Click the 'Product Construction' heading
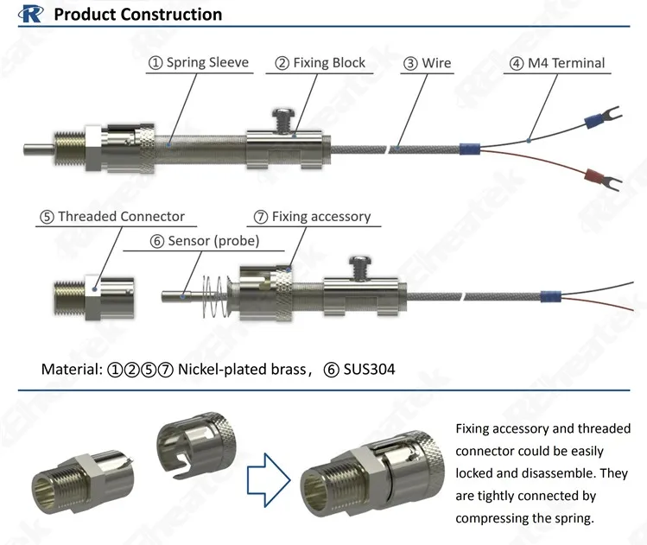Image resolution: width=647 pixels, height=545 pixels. pyautogui.click(x=137, y=15)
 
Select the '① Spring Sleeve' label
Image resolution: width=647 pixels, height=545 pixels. pyautogui.click(x=199, y=63)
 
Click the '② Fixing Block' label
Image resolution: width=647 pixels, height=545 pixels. pyautogui.click(x=320, y=63)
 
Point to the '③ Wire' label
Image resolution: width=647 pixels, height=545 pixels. pyautogui.click(x=428, y=63)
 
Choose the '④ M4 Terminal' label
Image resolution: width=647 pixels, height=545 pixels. pyautogui.click(x=557, y=63)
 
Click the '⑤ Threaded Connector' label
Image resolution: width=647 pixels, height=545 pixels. pyautogui.click(x=112, y=217)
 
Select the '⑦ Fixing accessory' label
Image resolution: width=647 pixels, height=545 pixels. pyautogui.click(x=312, y=217)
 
